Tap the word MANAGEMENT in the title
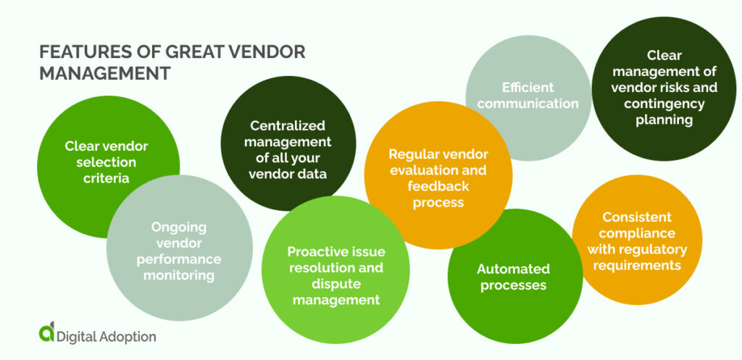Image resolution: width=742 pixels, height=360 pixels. [104, 74]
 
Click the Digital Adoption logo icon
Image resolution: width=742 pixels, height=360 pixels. [46, 332]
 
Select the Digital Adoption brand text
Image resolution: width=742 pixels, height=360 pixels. [108, 336]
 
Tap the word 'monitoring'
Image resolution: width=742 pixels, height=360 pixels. [178, 275]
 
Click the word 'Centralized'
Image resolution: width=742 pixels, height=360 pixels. [288, 126]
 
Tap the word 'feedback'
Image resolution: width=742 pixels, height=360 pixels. [438, 186]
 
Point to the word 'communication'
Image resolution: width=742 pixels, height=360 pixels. [528, 104]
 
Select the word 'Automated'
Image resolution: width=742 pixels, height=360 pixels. [513, 269]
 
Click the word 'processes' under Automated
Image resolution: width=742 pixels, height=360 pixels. [513, 285]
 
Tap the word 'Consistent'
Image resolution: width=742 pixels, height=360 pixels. [637, 217]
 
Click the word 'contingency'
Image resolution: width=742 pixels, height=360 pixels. [664, 104]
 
